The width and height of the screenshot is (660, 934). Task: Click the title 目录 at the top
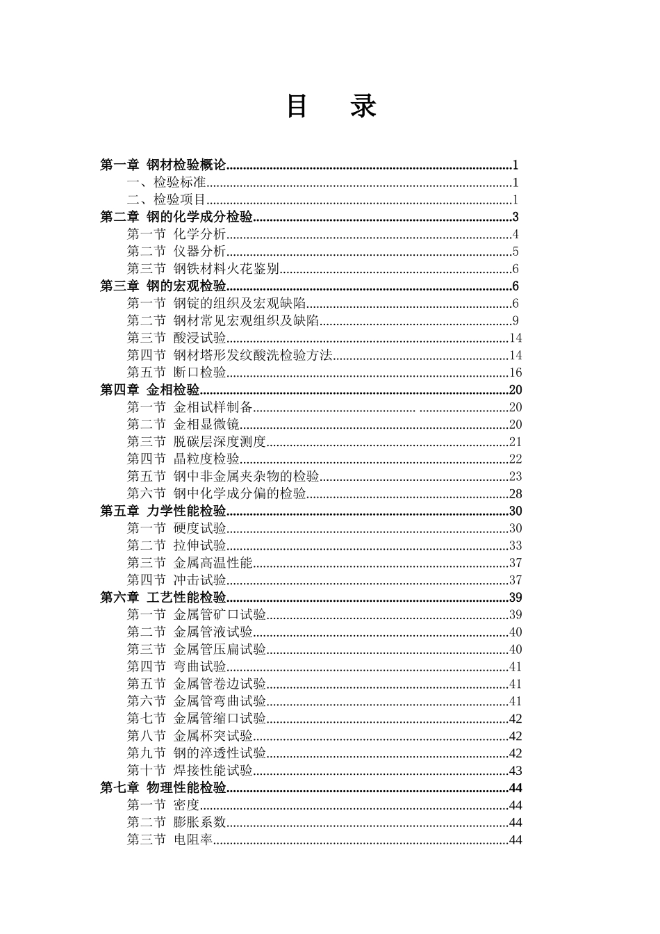click(x=331, y=106)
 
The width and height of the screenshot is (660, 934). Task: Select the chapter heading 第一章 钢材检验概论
click(x=163, y=165)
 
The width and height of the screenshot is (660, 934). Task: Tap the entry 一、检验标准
click(x=167, y=183)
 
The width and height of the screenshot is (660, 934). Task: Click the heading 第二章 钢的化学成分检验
click(x=176, y=217)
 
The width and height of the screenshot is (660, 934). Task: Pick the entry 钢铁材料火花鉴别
click(x=226, y=269)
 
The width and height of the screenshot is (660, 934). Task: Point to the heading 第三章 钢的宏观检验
click(x=163, y=286)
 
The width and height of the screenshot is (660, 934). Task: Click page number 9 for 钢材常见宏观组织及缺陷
click(x=515, y=321)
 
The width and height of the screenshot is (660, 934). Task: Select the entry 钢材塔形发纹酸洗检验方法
click(x=252, y=356)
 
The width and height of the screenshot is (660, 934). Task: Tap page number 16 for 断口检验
click(x=515, y=373)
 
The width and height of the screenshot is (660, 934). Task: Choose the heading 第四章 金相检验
click(x=150, y=390)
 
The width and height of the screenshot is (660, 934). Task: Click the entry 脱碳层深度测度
click(x=219, y=442)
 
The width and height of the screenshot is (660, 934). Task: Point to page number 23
click(x=515, y=477)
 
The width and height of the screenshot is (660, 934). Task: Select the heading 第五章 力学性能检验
click(x=163, y=511)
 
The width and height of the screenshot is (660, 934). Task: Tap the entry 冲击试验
click(x=199, y=580)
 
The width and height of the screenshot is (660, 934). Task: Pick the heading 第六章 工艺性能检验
click(x=163, y=598)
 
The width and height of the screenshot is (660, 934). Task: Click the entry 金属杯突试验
click(x=213, y=736)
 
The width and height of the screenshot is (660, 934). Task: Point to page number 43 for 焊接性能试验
click(x=515, y=771)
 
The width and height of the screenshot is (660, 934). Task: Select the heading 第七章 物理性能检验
click(x=163, y=788)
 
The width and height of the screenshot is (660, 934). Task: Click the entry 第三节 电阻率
click(x=170, y=840)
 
